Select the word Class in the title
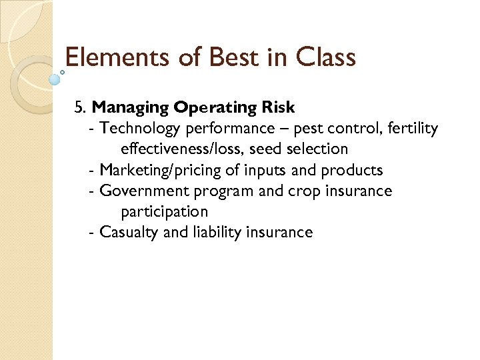pyautogui.click(x=323, y=57)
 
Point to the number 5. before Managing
pyautogui.click(x=81, y=107)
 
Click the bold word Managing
pyautogui.click(x=130, y=107)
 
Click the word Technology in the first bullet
pyautogui.click(x=140, y=128)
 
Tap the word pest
pyautogui.click(x=307, y=128)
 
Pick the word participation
pyautogui.click(x=164, y=212)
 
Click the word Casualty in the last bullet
pyautogui.click(x=128, y=233)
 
